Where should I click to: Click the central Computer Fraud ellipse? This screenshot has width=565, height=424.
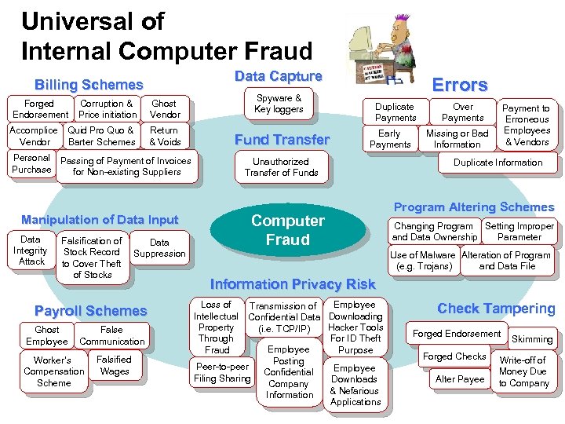(287, 230)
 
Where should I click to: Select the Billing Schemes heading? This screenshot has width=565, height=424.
(89, 84)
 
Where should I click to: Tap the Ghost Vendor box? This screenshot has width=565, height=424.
(164, 109)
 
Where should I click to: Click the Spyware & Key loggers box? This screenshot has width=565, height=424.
(279, 104)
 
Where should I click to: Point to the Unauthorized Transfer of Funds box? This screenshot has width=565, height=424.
(281, 167)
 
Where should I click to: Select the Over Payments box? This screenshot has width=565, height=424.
(463, 112)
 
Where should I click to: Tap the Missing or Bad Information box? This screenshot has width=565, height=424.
(457, 139)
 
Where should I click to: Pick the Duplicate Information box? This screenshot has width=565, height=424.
(498, 163)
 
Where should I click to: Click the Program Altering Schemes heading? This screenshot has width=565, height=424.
(473, 207)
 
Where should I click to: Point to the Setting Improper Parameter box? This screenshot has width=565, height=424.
(519, 232)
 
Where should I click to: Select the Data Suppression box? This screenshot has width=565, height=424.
(159, 248)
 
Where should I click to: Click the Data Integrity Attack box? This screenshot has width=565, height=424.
(31, 250)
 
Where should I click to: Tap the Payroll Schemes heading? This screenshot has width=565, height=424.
(91, 311)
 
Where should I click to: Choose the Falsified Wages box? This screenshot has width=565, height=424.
(115, 366)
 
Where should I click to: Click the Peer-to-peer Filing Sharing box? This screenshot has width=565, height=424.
(222, 372)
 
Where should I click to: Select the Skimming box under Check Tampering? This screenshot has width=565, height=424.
(531, 339)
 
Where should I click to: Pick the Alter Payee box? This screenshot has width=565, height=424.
(460, 379)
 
